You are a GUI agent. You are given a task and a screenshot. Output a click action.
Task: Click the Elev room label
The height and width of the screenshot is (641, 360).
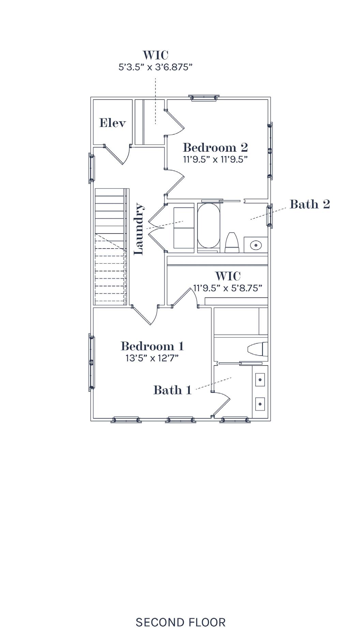[x=112, y=123]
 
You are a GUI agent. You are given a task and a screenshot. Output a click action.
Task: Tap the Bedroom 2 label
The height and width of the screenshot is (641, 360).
[x=215, y=147]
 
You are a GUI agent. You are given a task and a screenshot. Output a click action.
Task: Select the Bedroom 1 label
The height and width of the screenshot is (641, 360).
[x=152, y=346]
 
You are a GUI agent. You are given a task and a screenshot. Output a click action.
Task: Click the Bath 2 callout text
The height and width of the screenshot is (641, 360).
[x=310, y=204]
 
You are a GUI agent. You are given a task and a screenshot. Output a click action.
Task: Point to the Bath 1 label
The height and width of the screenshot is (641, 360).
[x=172, y=390]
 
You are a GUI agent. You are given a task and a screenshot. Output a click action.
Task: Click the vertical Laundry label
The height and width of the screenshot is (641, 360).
[x=139, y=229]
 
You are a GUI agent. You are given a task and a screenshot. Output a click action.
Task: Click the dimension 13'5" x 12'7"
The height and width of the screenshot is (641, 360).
[x=152, y=358]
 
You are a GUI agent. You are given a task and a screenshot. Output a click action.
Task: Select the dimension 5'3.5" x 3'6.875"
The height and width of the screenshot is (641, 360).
[x=156, y=67]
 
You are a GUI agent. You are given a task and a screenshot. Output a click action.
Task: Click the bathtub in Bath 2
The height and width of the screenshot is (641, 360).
[x=209, y=225]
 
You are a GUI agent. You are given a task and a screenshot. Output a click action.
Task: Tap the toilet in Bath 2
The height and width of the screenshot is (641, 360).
[x=232, y=242]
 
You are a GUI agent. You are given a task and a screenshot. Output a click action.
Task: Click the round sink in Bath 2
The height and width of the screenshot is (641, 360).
[x=256, y=245]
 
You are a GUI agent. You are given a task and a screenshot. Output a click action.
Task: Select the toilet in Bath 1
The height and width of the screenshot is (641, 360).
[x=258, y=350]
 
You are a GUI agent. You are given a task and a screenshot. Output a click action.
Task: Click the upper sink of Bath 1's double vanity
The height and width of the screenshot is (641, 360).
[x=260, y=379]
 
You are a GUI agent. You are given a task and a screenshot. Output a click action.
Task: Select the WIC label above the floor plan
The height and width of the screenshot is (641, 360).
[x=156, y=55]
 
